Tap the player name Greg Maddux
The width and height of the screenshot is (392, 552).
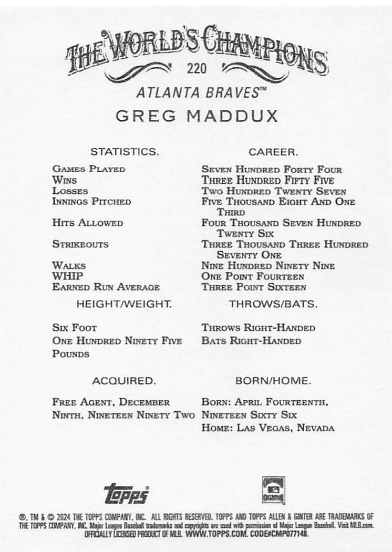pyautogui.click(x=197, y=116)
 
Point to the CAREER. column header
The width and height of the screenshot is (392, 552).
pyautogui.click(x=273, y=152)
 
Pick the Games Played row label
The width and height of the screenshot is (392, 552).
pyautogui.click(x=89, y=169)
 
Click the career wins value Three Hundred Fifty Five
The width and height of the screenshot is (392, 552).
pyautogui.click(x=268, y=180)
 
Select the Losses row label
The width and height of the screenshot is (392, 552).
pyautogui.click(x=70, y=191)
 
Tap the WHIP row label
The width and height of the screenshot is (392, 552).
pyautogui.click(x=67, y=276)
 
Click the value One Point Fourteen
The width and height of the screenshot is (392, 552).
pyautogui.click(x=253, y=276)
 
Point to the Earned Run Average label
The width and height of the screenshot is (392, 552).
pyautogui.click(x=106, y=287)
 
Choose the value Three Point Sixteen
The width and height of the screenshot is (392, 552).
pyautogui.click(x=254, y=287)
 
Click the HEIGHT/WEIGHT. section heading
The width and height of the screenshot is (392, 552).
pyautogui.click(x=124, y=304)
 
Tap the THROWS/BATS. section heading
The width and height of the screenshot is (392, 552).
pyautogui.click(x=273, y=304)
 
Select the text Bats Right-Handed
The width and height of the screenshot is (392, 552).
pyautogui.click(x=251, y=340)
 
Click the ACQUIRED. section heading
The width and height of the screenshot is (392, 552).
pyautogui.click(x=124, y=380)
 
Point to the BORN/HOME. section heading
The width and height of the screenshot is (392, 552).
pyautogui.click(x=273, y=380)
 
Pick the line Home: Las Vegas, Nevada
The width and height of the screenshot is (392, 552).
pyautogui.click(x=268, y=428)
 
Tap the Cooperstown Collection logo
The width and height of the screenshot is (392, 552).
pyautogui.click(x=273, y=490)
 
